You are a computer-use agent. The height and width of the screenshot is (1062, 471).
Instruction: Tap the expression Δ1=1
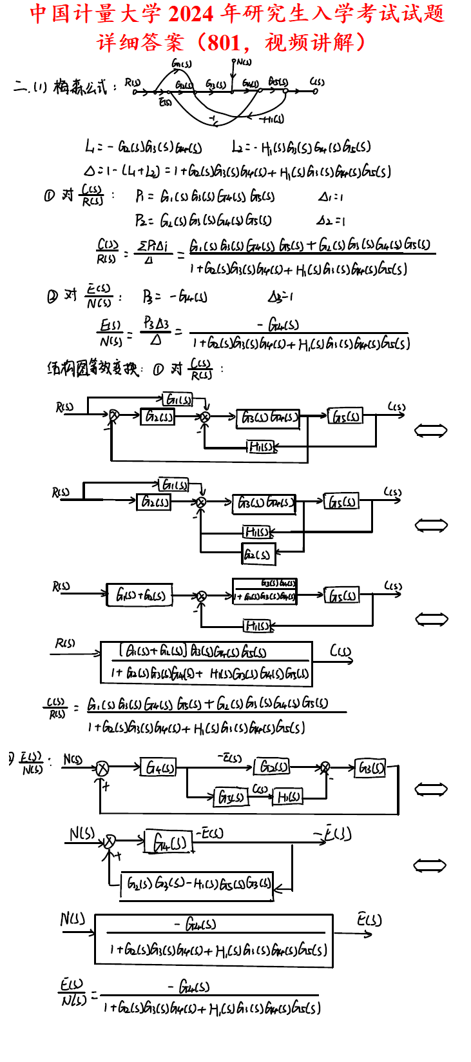(x=331, y=196)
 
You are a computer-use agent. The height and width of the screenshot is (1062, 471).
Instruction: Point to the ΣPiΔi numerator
(x=153, y=246)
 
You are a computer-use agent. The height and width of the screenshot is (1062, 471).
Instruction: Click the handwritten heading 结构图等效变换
(x=93, y=369)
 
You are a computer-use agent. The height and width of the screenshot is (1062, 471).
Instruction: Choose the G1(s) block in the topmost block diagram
(x=178, y=400)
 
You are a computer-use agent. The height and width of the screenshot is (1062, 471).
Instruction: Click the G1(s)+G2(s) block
(x=140, y=595)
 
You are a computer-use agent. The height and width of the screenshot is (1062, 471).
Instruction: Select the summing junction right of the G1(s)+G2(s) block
(x=201, y=596)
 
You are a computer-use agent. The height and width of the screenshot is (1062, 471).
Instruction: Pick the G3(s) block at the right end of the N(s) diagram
(x=371, y=768)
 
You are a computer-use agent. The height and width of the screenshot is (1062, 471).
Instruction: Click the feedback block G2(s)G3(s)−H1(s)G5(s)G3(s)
(x=197, y=883)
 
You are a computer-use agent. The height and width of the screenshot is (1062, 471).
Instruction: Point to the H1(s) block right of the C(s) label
(x=288, y=797)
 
